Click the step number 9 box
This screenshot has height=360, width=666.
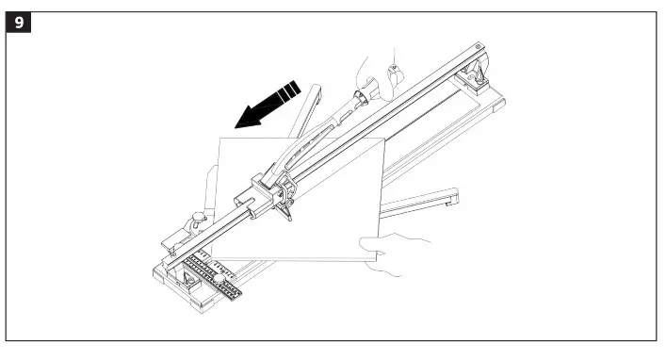(19, 21)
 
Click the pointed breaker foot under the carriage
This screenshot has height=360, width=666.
(287, 213)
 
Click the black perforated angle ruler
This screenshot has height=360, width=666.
(212, 277)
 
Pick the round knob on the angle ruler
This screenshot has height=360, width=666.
(216, 279)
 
